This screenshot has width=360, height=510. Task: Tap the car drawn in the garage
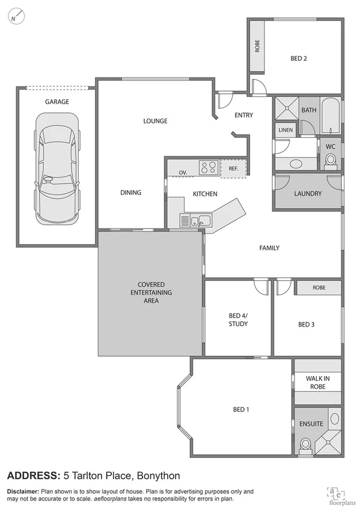click(57, 170)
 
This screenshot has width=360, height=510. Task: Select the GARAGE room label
click(57, 102)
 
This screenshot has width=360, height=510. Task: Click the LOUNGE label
click(155, 121)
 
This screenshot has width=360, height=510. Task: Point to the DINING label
click(130, 192)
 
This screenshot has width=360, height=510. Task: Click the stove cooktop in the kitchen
click(209, 168)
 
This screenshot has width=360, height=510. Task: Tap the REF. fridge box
click(233, 169)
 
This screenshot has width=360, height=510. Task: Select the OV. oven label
click(183, 173)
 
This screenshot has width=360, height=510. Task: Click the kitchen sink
click(200, 221)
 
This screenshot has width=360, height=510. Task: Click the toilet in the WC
click(330, 159)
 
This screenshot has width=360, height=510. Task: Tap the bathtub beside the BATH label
click(331, 117)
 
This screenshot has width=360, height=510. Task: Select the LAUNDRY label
click(308, 194)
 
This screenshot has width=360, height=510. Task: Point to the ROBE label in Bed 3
click(319, 288)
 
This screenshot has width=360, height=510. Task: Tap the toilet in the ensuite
click(306, 444)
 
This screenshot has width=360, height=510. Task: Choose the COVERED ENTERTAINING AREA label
click(151, 292)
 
